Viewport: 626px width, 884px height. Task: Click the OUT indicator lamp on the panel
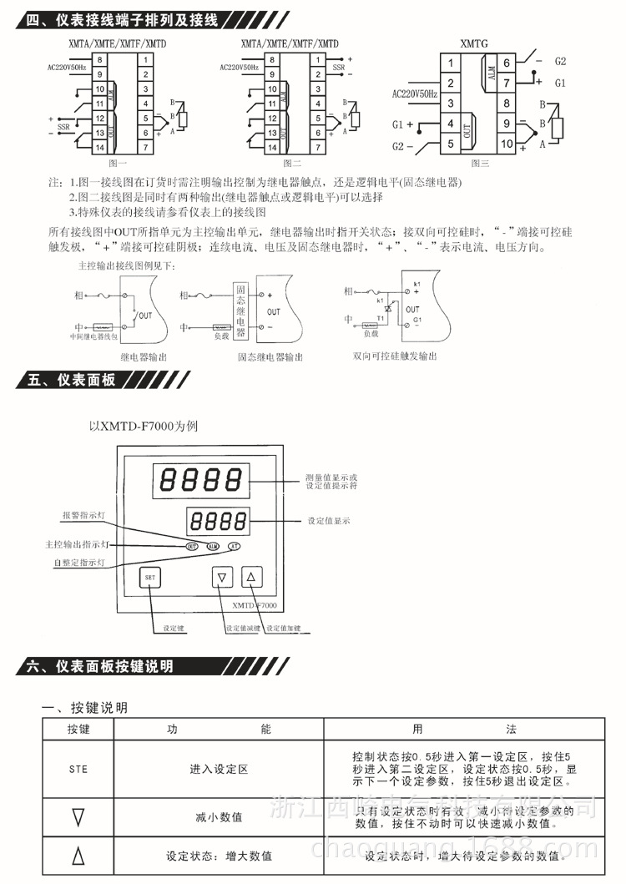tap(192, 546)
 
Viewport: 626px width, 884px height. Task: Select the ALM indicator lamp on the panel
tap(212, 546)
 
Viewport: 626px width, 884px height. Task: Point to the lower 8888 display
tap(213, 522)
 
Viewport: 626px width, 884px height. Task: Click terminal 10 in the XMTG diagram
tap(507, 143)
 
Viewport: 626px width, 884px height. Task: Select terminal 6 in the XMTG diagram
tap(507, 63)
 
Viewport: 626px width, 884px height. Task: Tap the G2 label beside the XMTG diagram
tap(560, 62)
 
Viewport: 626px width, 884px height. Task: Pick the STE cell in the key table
tap(78, 769)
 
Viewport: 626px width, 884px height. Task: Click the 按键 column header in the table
tap(78, 729)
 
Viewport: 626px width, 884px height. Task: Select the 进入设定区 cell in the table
tap(219, 769)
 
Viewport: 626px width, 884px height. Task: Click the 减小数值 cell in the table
tap(219, 816)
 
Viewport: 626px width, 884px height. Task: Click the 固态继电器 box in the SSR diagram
tap(240, 310)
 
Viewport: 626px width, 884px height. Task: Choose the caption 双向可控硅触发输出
tap(394, 356)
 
